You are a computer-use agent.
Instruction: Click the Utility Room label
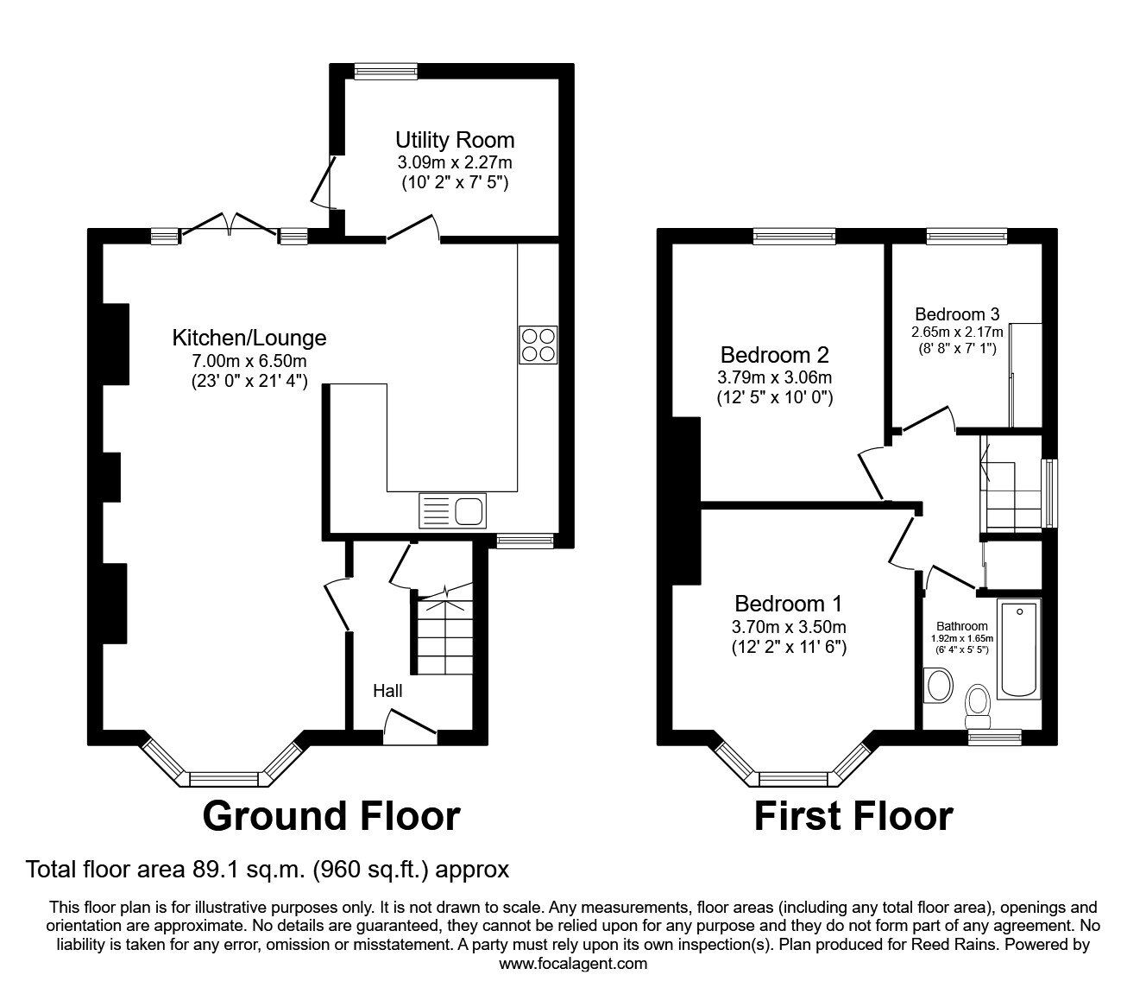(455, 140)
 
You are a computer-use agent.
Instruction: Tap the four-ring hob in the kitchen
(538, 345)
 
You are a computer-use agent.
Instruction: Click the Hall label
(387, 691)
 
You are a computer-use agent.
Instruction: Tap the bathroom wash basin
(935, 687)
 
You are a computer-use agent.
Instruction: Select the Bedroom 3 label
(957, 314)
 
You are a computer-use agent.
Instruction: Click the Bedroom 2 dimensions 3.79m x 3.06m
(774, 377)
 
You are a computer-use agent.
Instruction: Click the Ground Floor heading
(331, 815)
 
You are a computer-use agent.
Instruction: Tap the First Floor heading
(853, 815)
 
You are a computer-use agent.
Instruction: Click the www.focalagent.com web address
(573, 963)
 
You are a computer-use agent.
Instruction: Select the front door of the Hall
(410, 725)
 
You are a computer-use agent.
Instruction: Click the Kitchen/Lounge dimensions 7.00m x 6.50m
(249, 360)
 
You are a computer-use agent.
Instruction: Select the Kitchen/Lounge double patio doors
(230, 226)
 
